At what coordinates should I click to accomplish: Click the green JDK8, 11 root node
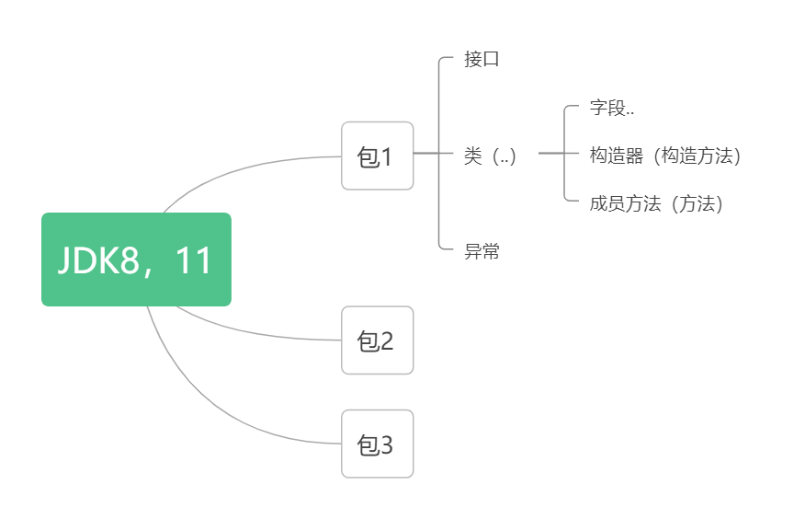[x=136, y=259]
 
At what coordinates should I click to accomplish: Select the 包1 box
[x=378, y=156]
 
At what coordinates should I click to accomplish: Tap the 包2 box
[x=378, y=340]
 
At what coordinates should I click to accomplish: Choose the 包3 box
[x=378, y=444]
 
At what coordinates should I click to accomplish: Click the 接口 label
[x=482, y=60]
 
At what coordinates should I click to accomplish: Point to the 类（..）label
[x=491, y=156]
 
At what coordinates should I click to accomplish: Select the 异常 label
[x=482, y=251]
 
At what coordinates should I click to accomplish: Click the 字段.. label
[x=612, y=108]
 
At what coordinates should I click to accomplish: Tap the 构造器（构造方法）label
[x=665, y=156]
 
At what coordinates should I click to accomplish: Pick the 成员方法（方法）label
[x=657, y=203]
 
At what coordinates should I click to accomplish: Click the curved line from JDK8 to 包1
[x=248, y=167]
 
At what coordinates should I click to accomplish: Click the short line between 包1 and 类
[x=426, y=153]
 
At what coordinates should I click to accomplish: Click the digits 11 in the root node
[x=193, y=260]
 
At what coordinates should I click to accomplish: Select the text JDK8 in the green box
[x=97, y=260]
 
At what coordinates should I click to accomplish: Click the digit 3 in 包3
[x=387, y=444]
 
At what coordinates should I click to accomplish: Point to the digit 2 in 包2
[x=387, y=341]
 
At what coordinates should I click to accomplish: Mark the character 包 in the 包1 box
[x=368, y=156]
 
